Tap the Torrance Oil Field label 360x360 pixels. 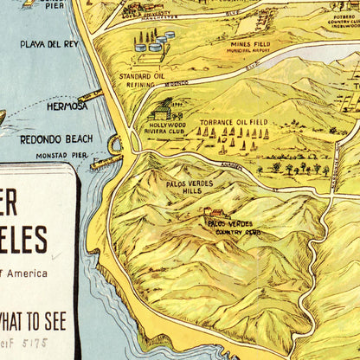coord(233,123)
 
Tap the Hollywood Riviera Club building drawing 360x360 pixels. coord(160,110)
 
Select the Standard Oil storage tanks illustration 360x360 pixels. coord(153,43)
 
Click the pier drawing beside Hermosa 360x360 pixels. coord(90,96)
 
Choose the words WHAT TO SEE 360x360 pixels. coord(35,322)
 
